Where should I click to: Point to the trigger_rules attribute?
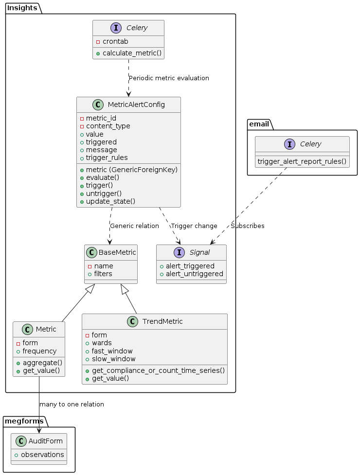[107, 158]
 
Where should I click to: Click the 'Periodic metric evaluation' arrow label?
[169, 78]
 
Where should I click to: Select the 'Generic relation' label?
[134, 226]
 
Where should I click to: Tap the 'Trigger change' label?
[194, 226]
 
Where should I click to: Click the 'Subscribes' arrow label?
[248, 226]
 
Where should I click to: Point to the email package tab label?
[259, 124]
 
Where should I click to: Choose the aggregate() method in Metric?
[39, 363]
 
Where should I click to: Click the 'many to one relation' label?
[72, 405]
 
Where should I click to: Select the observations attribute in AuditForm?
[42, 455]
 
